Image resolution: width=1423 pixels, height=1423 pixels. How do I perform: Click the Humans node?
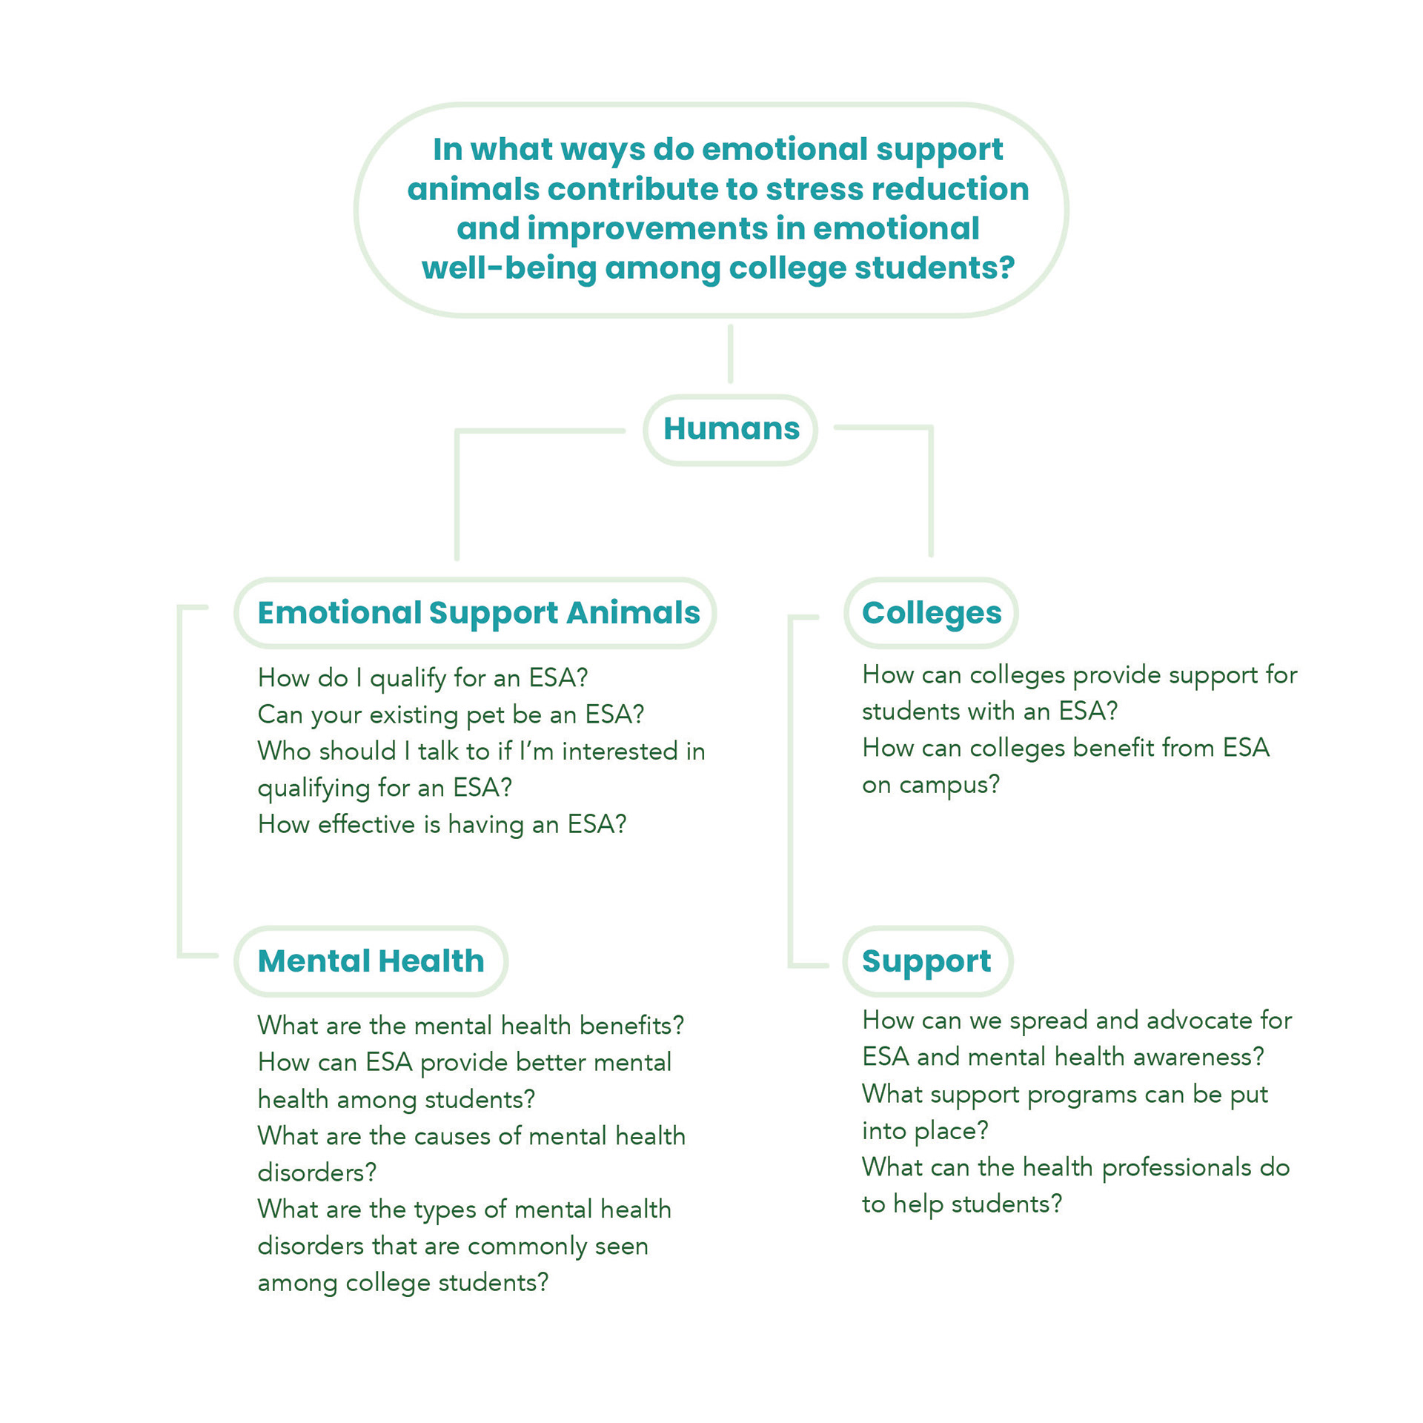tap(730, 430)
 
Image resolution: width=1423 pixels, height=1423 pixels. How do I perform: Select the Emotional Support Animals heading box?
tap(475, 613)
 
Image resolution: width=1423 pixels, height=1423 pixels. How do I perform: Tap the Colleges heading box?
tap(931, 613)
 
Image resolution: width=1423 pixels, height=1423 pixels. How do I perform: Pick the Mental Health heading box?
tap(371, 961)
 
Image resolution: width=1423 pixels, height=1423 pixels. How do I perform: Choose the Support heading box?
tap(927, 961)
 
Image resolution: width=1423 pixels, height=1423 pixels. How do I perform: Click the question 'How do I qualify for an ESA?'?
tap(422, 678)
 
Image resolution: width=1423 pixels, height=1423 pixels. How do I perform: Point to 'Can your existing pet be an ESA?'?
tap(451, 714)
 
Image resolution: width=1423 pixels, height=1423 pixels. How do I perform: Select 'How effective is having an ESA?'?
tap(442, 824)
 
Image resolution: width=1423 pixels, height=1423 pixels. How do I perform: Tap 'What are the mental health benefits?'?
tap(471, 1025)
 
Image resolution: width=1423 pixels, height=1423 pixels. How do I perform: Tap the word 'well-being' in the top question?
tap(508, 269)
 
